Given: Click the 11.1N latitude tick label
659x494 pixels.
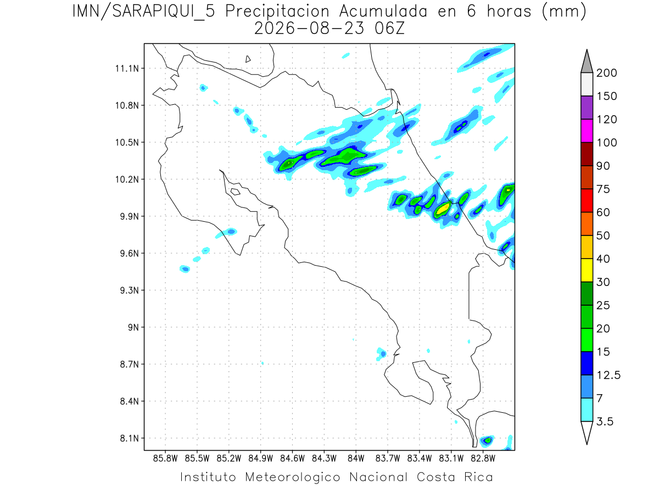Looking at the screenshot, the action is click(x=127, y=69).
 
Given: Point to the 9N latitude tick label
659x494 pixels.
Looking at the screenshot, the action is click(x=133, y=327).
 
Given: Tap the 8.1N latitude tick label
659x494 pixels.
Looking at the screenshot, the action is click(x=130, y=438).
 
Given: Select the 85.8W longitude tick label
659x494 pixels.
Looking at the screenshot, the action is click(x=165, y=459).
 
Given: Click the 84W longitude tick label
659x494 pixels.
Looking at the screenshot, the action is click(x=356, y=459).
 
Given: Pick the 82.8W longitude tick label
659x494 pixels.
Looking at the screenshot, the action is click(x=483, y=459).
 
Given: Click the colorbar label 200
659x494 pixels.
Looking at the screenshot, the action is click(x=606, y=73).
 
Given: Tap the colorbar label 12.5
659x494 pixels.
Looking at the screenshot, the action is click(x=608, y=375).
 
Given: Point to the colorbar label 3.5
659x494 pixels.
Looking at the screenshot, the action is click(x=605, y=422).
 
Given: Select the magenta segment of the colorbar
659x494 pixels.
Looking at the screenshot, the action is click(x=587, y=131).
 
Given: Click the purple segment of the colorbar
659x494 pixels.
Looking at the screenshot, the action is click(x=587, y=108).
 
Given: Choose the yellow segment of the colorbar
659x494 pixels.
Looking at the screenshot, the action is click(x=587, y=270).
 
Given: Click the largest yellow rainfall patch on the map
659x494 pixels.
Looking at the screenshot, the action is click(x=443, y=209).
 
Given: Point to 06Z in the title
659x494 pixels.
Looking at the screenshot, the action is click(x=390, y=29).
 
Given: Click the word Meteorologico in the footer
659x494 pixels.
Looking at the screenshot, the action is click(x=292, y=477).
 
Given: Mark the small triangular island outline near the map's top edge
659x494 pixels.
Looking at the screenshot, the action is click(x=248, y=59).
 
